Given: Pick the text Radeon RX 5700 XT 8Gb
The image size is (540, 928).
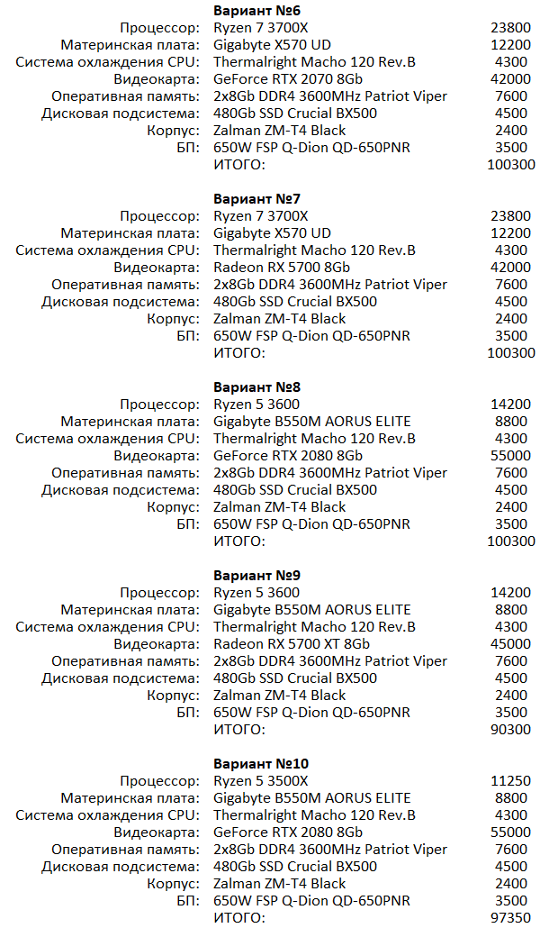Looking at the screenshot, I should point(292,643).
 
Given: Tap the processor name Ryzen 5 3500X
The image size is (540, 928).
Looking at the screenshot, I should point(261,780).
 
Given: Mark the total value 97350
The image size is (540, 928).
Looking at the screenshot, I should point(512,917).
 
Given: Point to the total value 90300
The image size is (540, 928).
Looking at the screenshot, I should point(512,729).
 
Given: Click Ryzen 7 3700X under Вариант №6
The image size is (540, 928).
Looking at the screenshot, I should point(261,27).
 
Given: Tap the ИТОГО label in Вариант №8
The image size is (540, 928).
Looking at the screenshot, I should point(239,541).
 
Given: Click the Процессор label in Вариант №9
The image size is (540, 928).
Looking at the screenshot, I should point(160,592).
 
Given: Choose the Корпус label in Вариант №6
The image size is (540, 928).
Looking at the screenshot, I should point(174,130).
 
